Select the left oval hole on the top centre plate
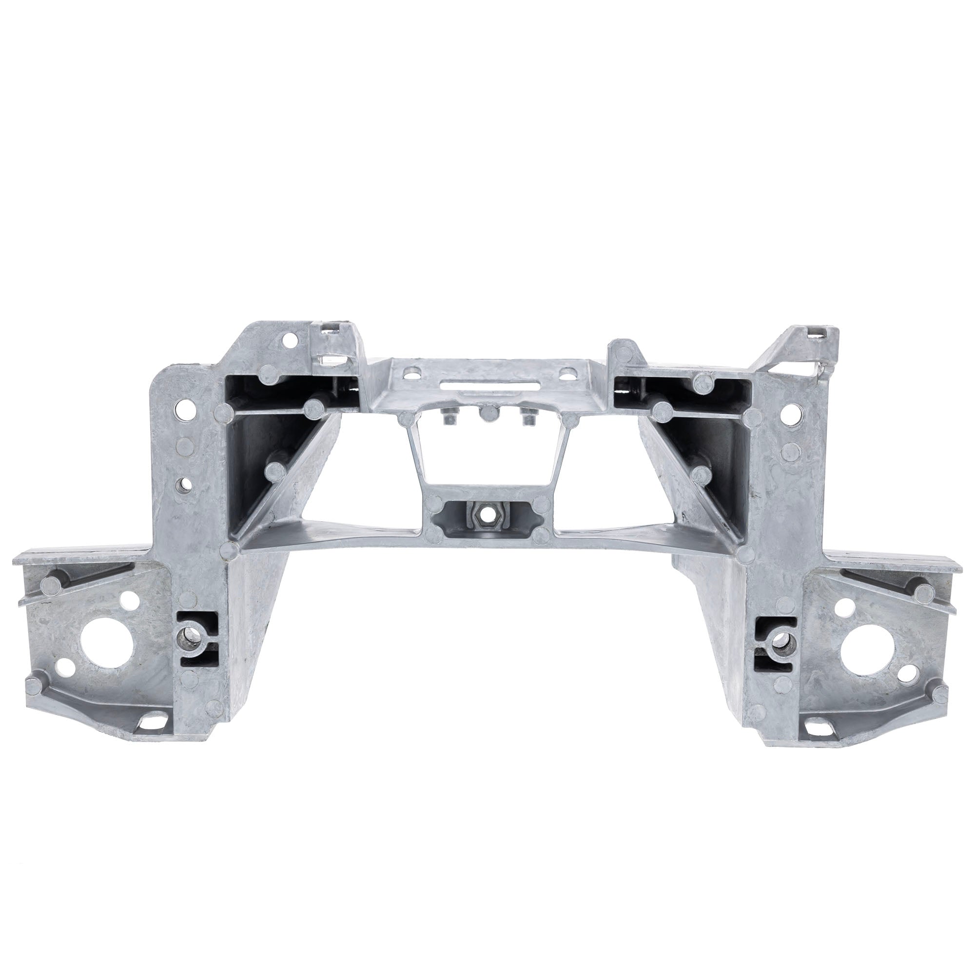[x=412, y=374]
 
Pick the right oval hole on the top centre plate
[x=570, y=374]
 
